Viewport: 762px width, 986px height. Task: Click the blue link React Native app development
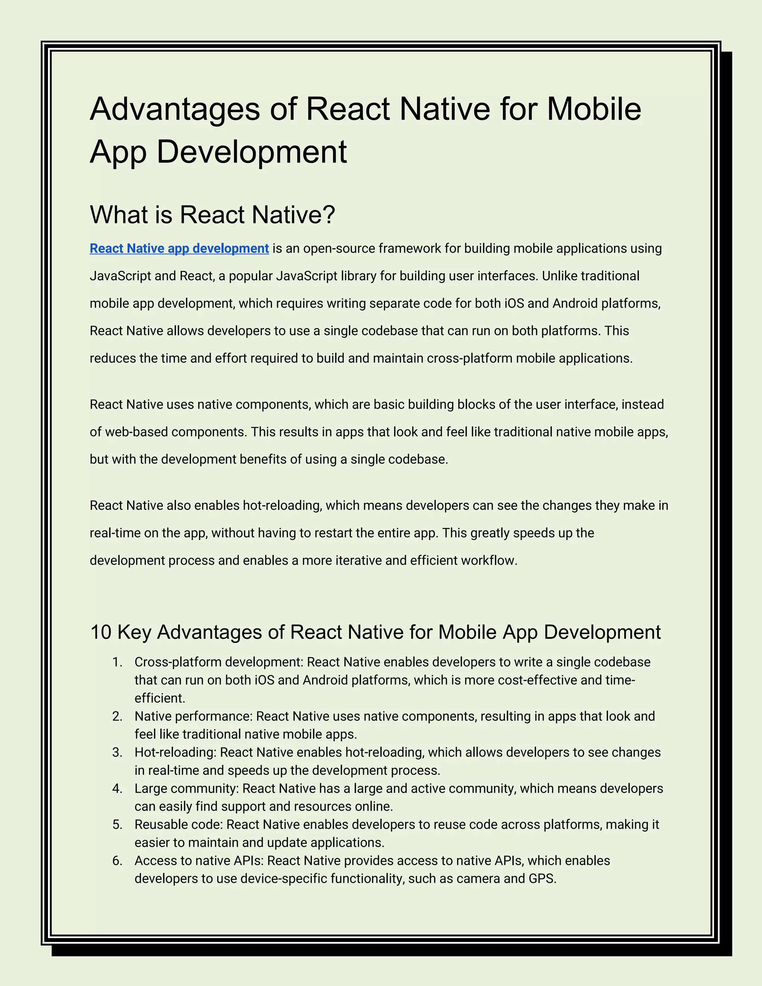[179, 248]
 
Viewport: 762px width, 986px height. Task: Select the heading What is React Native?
[212, 214]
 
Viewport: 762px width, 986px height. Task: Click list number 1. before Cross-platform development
[117, 662]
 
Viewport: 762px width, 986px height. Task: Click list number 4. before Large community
[117, 789]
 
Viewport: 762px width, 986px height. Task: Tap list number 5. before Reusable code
[117, 825]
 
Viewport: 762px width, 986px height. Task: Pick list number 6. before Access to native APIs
[117, 861]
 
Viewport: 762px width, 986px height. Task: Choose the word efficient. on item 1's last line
[160, 698]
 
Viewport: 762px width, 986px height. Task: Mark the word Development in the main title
[252, 152]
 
